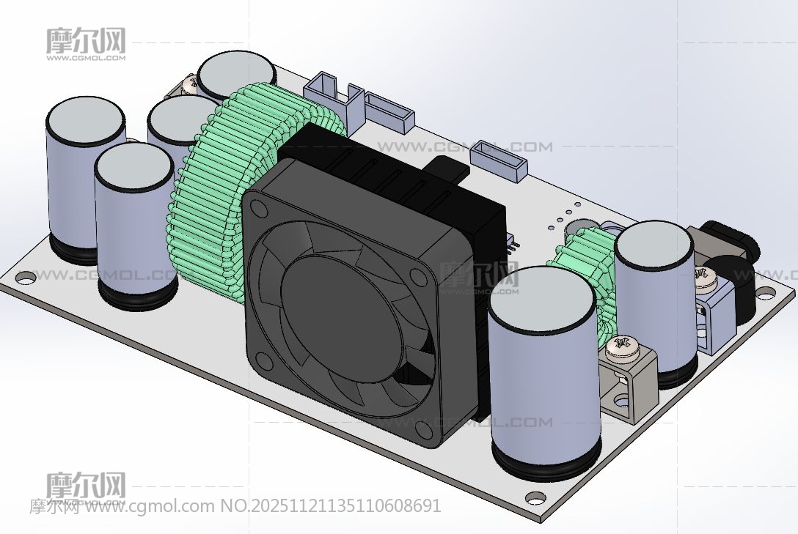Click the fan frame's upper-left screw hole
point(257,208)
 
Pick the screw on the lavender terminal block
point(706,275)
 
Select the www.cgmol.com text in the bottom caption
point(151,505)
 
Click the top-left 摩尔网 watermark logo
point(86,42)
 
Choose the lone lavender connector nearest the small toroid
point(501,160)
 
